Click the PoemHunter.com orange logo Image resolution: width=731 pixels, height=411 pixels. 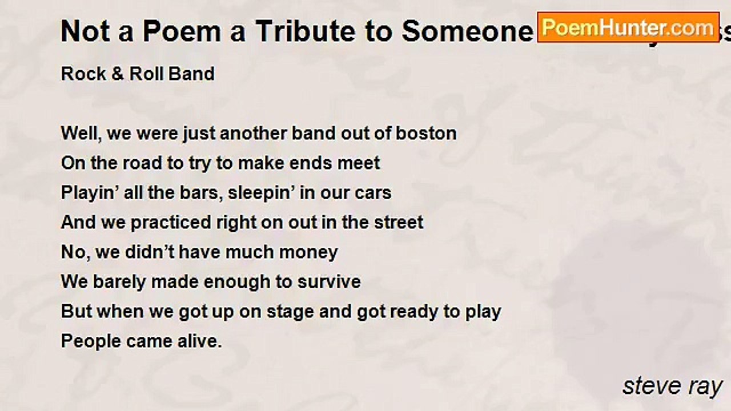coord(628,27)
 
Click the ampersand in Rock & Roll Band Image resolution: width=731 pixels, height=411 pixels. coord(118,74)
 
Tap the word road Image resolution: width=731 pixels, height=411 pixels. coord(142,163)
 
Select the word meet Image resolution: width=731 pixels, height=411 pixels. coord(359,163)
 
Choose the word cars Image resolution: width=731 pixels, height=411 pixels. coord(373,193)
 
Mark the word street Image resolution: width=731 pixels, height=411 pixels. coord(399,223)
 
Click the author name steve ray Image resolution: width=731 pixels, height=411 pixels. coord(672,386)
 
